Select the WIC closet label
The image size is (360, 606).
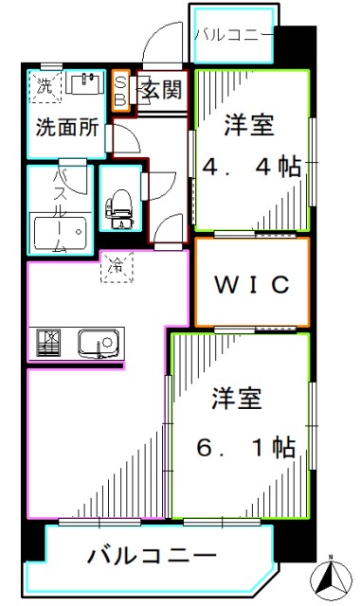(x=251, y=283)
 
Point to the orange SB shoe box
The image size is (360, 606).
(x=120, y=91)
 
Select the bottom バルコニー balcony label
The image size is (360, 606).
(x=152, y=555)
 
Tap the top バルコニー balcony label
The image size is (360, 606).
(x=233, y=36)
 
